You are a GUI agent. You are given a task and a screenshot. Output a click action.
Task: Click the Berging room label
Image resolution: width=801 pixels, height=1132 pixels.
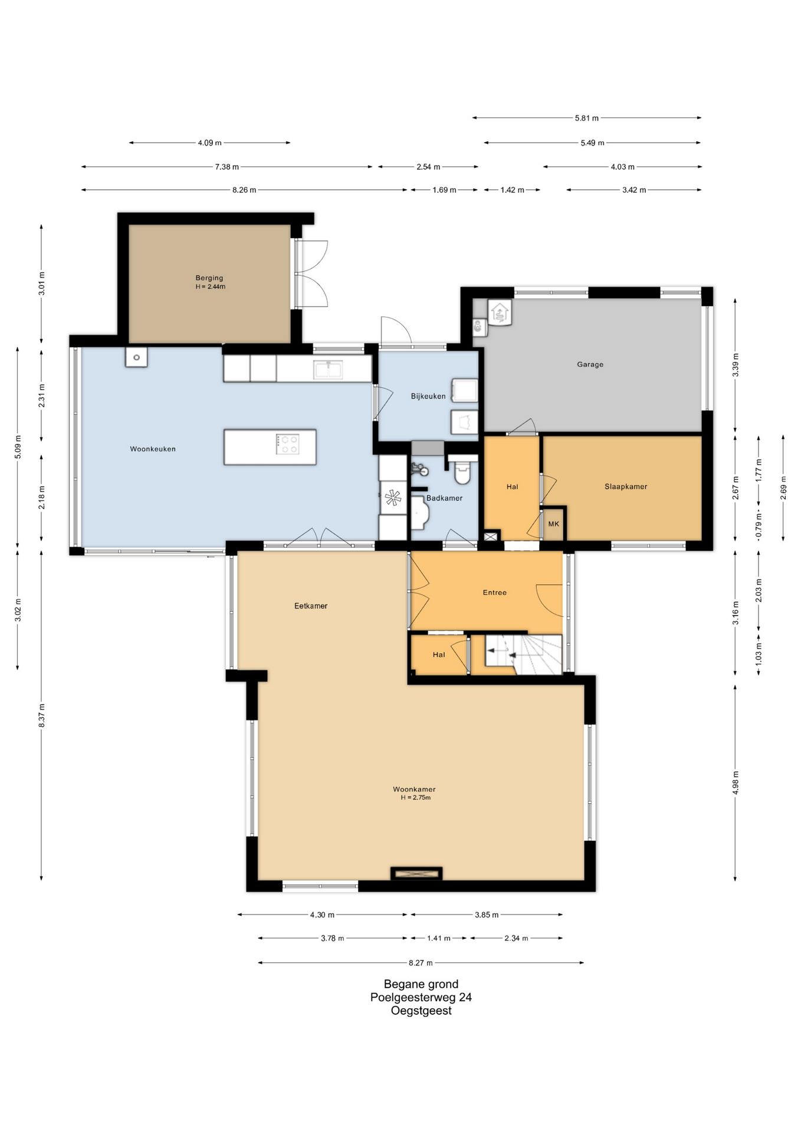click(x=209, y=278)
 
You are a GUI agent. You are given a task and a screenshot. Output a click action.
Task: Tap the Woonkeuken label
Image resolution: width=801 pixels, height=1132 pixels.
click(x=153, y=449)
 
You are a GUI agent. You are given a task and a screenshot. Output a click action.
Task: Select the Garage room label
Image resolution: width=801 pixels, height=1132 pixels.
click(x=590, y=364)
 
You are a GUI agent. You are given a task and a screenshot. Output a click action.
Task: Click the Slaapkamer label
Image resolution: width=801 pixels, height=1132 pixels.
click(x=626, y=486)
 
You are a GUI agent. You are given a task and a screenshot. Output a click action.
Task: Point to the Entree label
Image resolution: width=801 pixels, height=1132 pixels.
click(x=494, y=593)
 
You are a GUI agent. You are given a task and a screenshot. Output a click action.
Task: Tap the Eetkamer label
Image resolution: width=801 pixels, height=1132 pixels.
click(x=311, y=606)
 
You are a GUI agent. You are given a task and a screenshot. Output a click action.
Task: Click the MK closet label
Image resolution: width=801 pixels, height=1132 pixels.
click(x=553, y=524)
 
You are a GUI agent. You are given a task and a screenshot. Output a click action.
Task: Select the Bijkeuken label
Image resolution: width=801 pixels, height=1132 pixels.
click(x=428, y=396)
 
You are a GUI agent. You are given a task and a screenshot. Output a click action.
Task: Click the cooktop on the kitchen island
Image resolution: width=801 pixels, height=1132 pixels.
click(x=288, y=444)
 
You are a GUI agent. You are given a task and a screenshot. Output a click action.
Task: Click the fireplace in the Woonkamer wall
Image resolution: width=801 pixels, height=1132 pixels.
click(x=416, y=873)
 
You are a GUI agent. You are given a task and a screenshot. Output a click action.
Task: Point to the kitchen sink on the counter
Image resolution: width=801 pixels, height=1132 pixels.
click(x=329, y=369)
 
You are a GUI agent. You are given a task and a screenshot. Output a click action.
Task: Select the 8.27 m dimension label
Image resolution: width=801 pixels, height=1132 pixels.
click(x=421, y=963)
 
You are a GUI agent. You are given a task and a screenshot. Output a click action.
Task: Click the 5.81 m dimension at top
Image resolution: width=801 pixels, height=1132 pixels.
click(x=587, y=118)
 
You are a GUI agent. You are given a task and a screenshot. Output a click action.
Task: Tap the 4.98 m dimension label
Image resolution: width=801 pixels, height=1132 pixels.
click(x=736, y=783)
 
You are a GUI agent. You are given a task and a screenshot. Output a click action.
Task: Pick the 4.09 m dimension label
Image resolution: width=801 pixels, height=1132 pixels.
click(x=209, y=143)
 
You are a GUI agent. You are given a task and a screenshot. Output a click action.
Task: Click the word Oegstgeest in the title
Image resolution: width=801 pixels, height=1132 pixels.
click(x=421, y=1011)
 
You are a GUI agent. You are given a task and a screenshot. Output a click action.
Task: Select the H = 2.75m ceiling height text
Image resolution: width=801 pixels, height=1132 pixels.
click(x=416, y=798)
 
